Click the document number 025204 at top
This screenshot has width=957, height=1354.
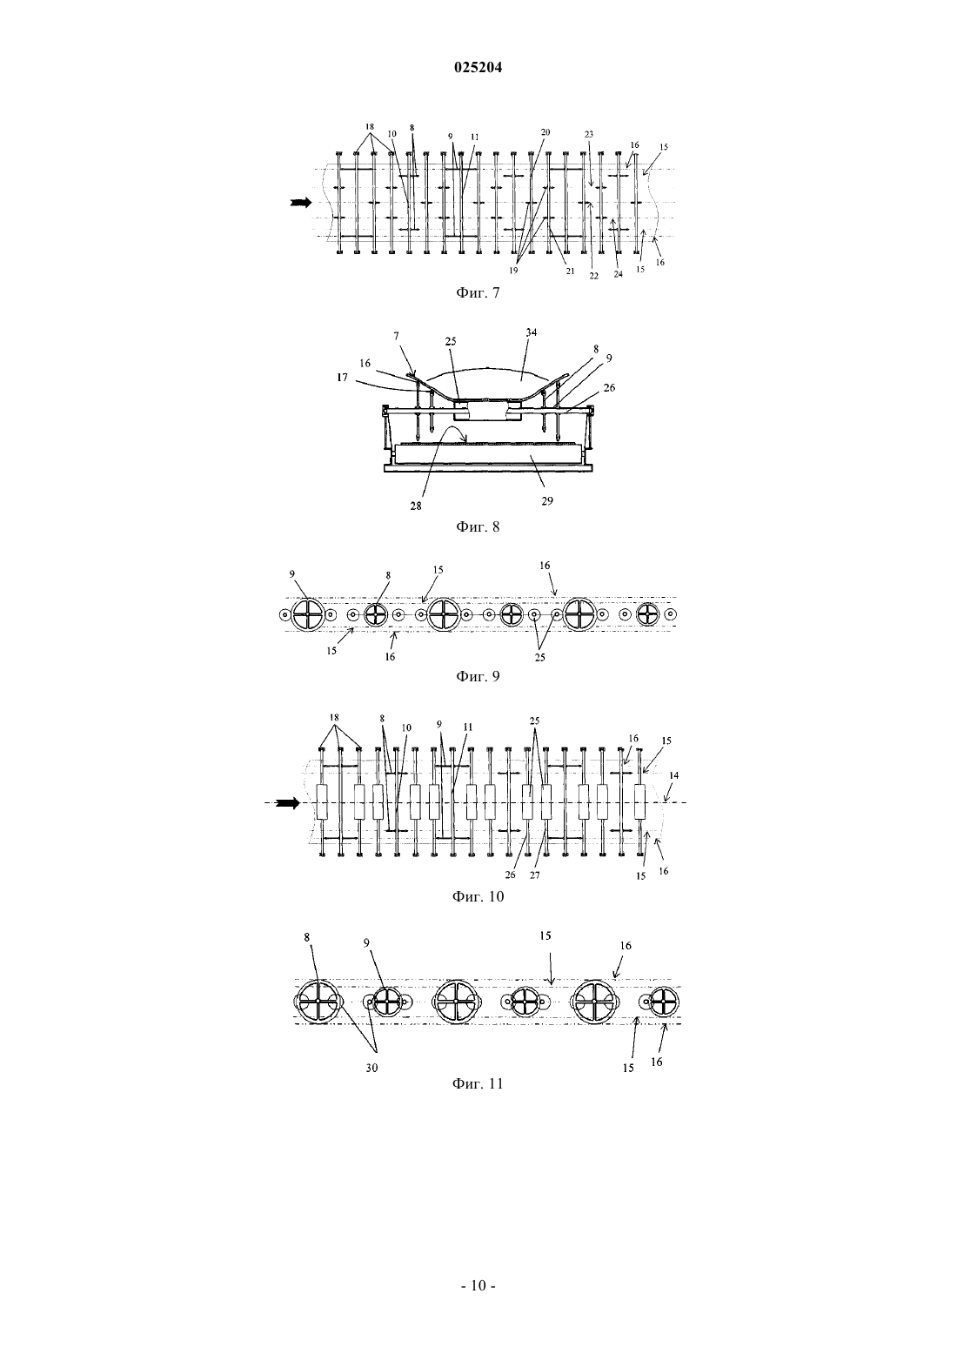tap(478, 68)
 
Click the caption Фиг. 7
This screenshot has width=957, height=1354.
tap(478, 293)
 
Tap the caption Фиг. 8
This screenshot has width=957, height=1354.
tap(478, 526)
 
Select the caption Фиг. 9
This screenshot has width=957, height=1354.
tap(478, 676)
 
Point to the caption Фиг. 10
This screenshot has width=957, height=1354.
tap(478, 896)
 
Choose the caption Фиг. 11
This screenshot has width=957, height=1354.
tap(478, 1083)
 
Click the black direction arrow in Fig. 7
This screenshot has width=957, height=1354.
tap(301, 203)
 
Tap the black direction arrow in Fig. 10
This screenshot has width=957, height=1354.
tap(289, 803)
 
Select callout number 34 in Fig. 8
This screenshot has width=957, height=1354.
tap(531, 332)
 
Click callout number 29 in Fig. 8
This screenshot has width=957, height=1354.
tap(546, 501)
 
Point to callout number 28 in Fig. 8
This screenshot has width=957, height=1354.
tap(416, 506)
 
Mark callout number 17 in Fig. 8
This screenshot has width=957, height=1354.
tap(343, 377)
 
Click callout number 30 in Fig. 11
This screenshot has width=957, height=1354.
tap(371, 1068)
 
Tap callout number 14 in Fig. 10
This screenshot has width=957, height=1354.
tap(674, 775)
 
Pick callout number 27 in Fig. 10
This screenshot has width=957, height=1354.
tap(535, 875)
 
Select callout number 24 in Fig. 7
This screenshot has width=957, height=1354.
tap(618, 274)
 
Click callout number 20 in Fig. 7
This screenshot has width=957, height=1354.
tap(545, 132)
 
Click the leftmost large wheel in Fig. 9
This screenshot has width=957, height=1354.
tap(307, 614)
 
